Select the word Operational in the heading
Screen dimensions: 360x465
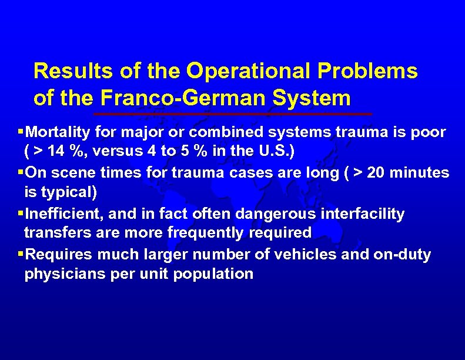(x=249, y=71)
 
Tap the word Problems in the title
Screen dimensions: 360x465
(x=367, y=71)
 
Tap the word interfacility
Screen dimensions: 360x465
(x=362, y=214)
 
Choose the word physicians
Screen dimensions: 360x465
(x=62, y=275)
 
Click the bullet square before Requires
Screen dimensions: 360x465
(x=21, y=254)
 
